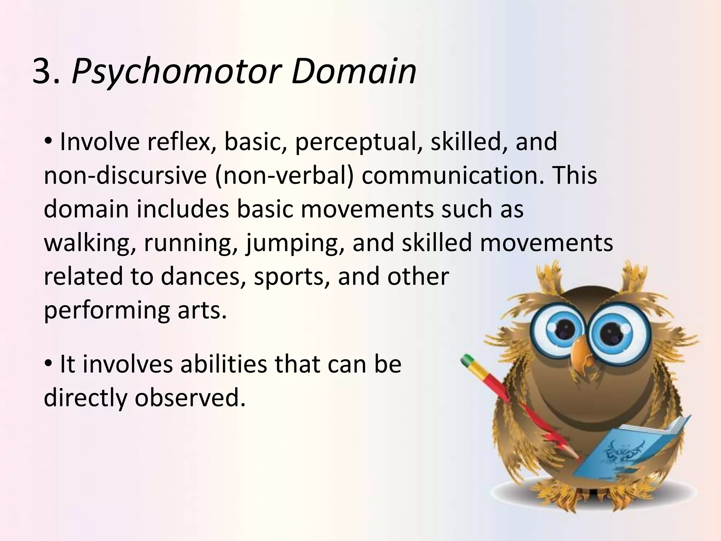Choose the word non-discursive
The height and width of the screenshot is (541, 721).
[x=125, y=175]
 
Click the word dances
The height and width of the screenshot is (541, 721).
[x=203, y=277]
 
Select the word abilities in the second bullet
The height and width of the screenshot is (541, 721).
[x=224, y=364]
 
